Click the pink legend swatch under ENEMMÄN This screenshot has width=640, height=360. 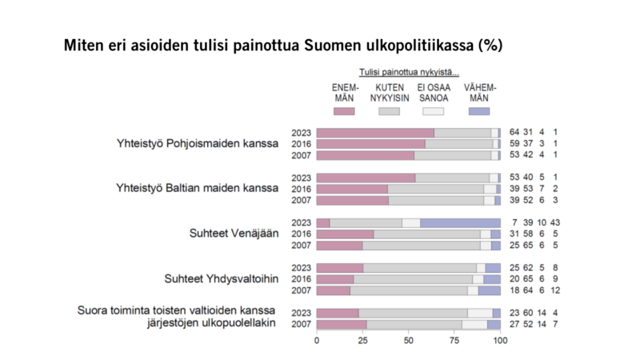pos(344,110)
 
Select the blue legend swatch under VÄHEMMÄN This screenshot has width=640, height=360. pos(479,110)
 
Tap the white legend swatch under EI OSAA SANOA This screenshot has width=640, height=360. pos(433,110)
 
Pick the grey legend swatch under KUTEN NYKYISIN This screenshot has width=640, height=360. pos(389,110)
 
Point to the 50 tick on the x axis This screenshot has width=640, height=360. pos(409,340)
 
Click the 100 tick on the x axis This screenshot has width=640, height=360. pos(500,340)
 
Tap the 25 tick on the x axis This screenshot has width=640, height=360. pos(363,340)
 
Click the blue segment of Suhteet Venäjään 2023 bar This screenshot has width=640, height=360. pos(460,222)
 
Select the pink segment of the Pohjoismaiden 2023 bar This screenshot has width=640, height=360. pos(375,133)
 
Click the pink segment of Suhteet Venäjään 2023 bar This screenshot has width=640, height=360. pos(323,222)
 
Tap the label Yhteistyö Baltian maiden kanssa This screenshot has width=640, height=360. pos(197,189)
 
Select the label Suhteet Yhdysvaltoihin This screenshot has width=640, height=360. pos(221,278)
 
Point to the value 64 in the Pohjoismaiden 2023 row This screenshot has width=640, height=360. pos(516,133)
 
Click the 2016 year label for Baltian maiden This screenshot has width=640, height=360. pos(302,189)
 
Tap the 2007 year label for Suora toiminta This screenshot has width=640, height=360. pos(302,324)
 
